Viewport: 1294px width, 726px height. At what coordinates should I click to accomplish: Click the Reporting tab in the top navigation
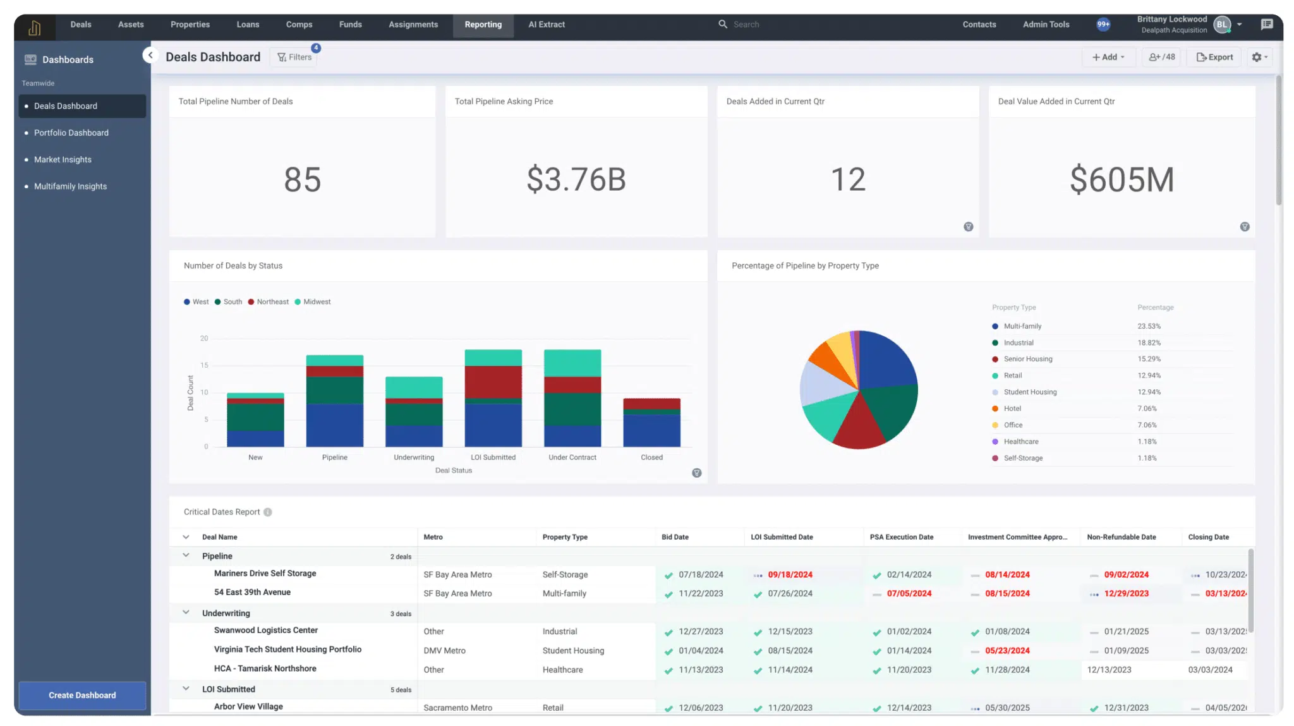click(483, 25)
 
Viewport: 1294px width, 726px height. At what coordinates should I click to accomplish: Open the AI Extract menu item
click(547, 25)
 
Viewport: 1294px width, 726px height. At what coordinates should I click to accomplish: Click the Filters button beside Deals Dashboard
click(294, 57)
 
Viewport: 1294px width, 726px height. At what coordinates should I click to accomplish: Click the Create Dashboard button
click(82, 695)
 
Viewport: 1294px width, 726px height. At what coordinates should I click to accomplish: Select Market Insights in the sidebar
click(63, 160)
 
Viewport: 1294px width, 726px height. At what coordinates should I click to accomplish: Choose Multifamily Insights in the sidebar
click(70, 186)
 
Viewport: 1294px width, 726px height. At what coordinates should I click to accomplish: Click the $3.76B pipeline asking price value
click(576, 179)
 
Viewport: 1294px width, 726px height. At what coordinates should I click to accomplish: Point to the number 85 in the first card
click(302, 179)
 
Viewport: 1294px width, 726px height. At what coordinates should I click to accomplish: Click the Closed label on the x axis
click(651, 457)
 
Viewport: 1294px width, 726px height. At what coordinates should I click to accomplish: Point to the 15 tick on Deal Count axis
click(204, 365)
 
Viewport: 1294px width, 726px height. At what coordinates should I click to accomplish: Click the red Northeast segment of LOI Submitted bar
click(493, 382)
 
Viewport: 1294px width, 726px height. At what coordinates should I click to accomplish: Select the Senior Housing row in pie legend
click(1027, 359)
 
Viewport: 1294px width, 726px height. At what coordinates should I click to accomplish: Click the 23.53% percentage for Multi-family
click(1149, 326)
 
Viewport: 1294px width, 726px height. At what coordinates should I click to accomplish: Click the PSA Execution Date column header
click(901, 537)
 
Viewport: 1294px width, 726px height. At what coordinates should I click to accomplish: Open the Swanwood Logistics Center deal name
click(265, 631)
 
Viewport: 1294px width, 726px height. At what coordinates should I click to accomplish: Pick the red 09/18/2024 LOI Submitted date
click(790, 575)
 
